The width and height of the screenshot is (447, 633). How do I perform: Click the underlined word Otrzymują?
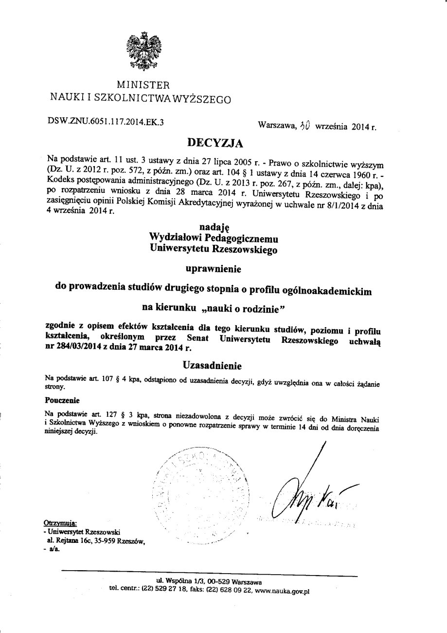(60, 523)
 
